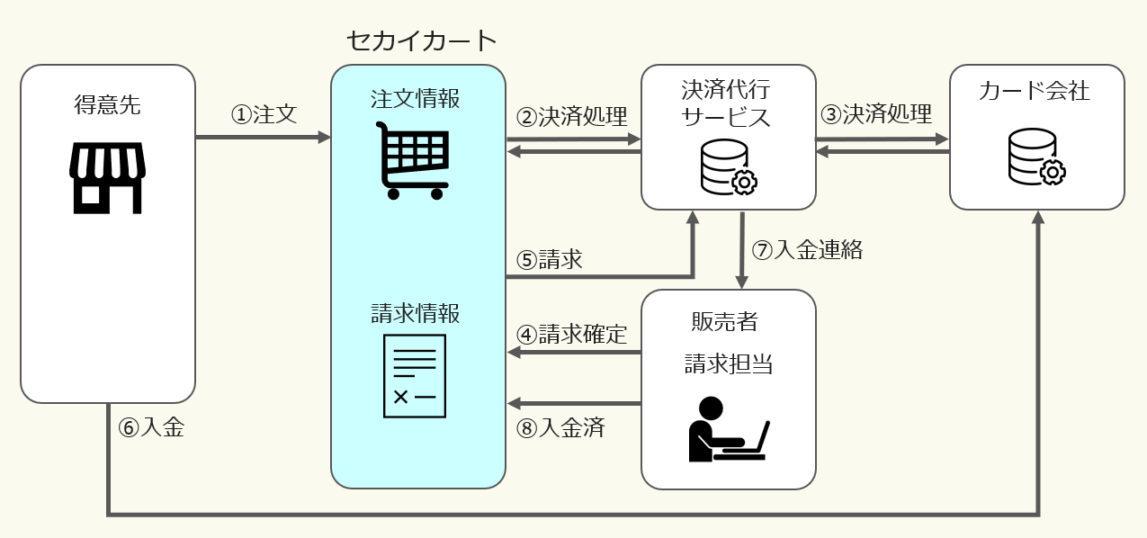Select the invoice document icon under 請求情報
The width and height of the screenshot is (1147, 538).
tap(415, 375)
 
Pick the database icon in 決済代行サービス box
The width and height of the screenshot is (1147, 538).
tap(728, 166)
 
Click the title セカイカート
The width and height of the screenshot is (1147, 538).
tap(421, 40)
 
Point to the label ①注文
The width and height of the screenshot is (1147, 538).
tap(264, 115)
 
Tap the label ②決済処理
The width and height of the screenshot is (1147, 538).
tap(571, 117)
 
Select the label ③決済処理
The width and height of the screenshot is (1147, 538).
tap(876, 114)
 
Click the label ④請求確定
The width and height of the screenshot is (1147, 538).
tap(571, 335)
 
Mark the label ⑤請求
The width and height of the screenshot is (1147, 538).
tap(549, 260)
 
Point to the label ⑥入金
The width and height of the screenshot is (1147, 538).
tap(151, 427)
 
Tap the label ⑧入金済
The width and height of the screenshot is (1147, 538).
tap(560, 427)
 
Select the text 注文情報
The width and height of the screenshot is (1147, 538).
tap(415, 98)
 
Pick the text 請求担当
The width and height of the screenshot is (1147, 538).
tap(728, 363)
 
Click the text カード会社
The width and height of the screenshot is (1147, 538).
tap(1036, 91)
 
